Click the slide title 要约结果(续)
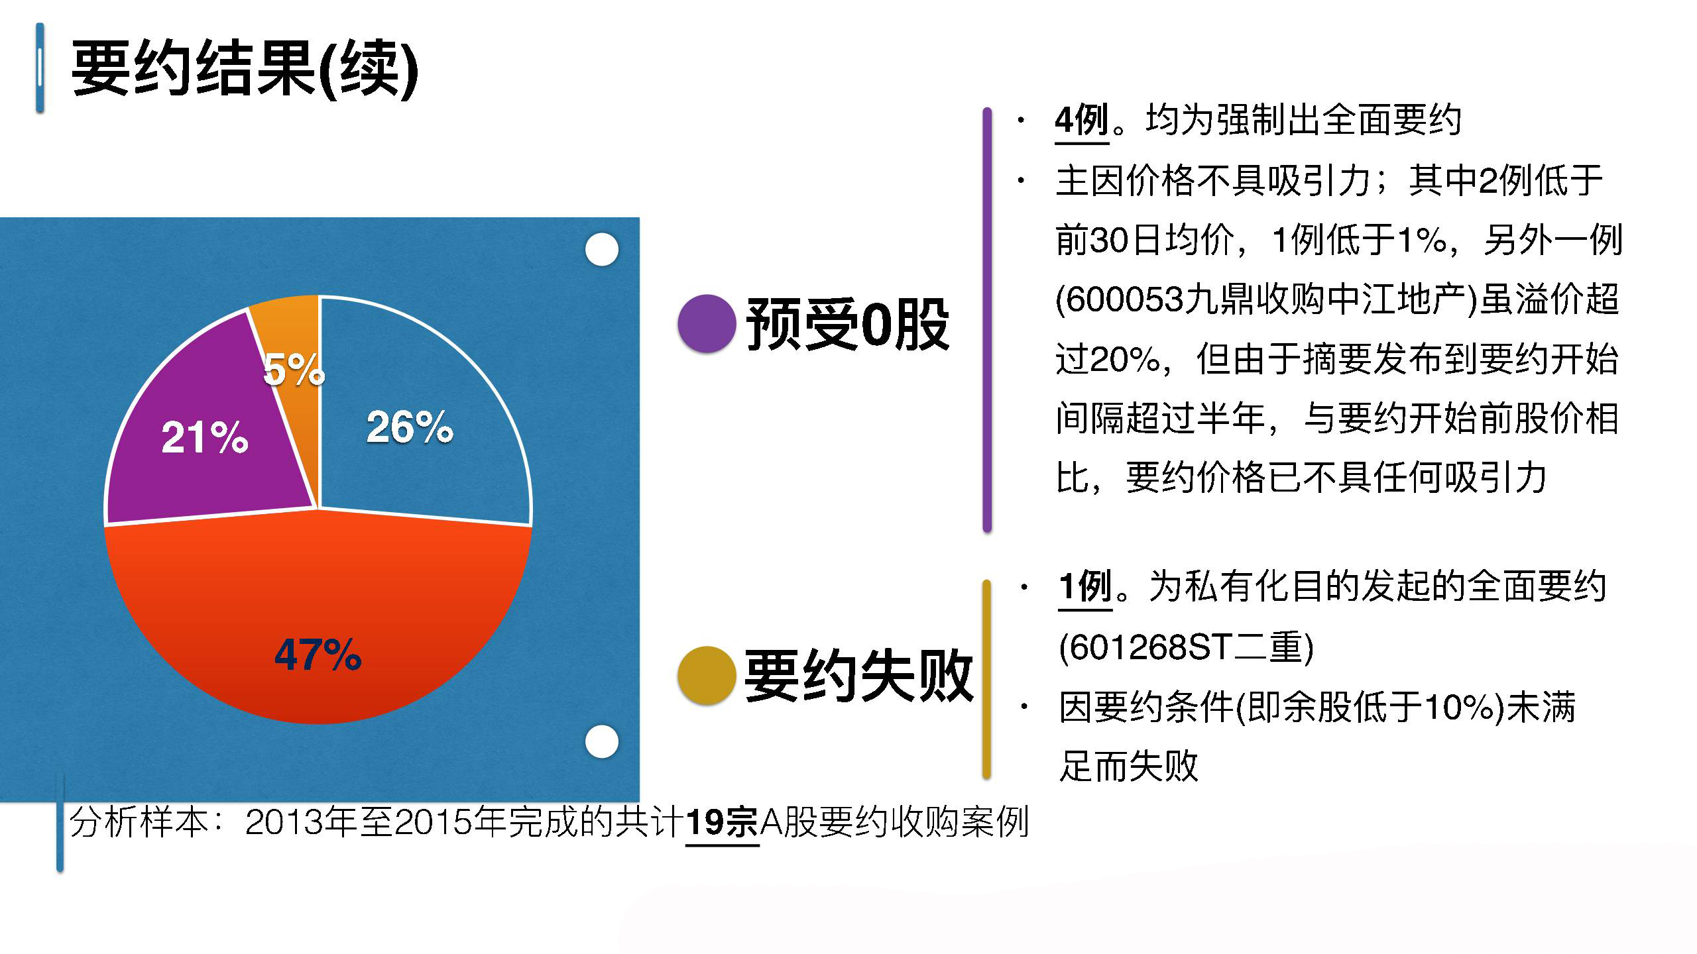point(245,68)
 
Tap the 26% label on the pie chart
point(410,427)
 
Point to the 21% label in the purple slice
point(205,437)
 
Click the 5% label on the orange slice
point(294,369)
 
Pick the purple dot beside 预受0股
point(707,323)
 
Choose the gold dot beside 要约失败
point(707,675)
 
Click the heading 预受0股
point(848,324)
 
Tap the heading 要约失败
point(858,675)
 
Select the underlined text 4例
point(1082,121)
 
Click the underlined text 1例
point(1085,587)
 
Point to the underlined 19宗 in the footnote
point(722,823)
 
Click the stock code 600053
point(1125,300)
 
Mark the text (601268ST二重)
point(1187,647)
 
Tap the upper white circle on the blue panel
point(602,250)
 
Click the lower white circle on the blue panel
point(602,741)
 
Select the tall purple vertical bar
point(987,319)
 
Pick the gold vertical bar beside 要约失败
point(986,679)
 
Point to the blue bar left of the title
point(40,68)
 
